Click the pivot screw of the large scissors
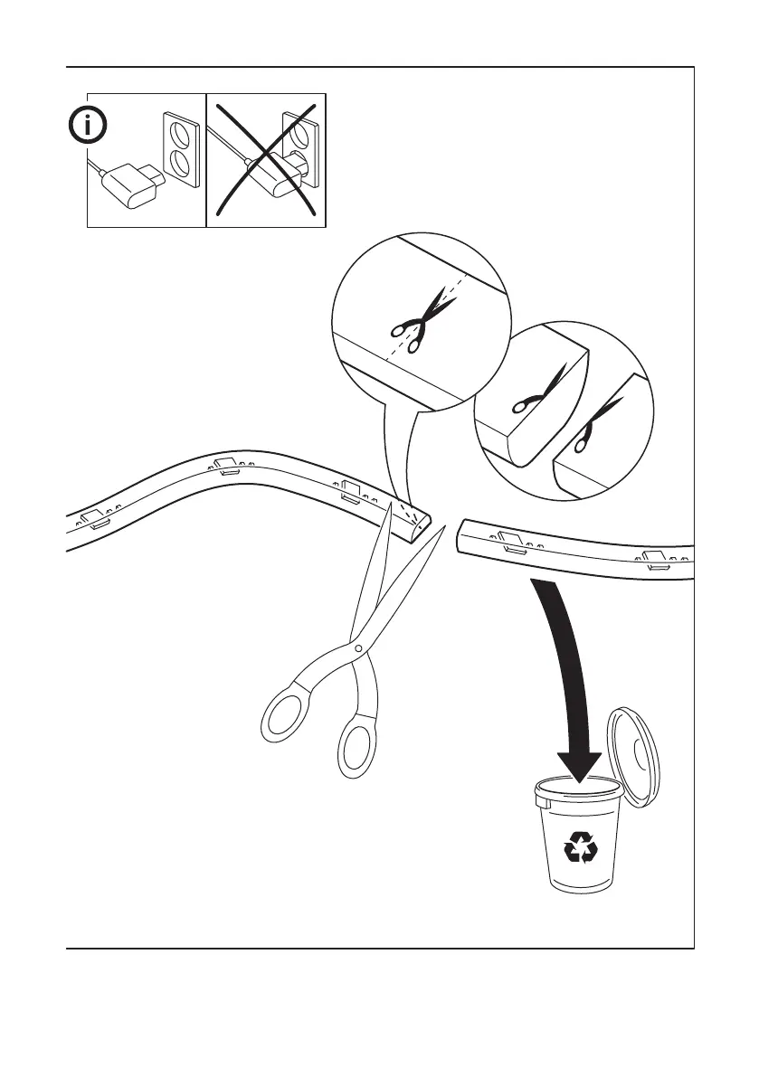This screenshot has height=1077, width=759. (358, 648)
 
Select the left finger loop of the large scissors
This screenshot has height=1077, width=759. (288, 714)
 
